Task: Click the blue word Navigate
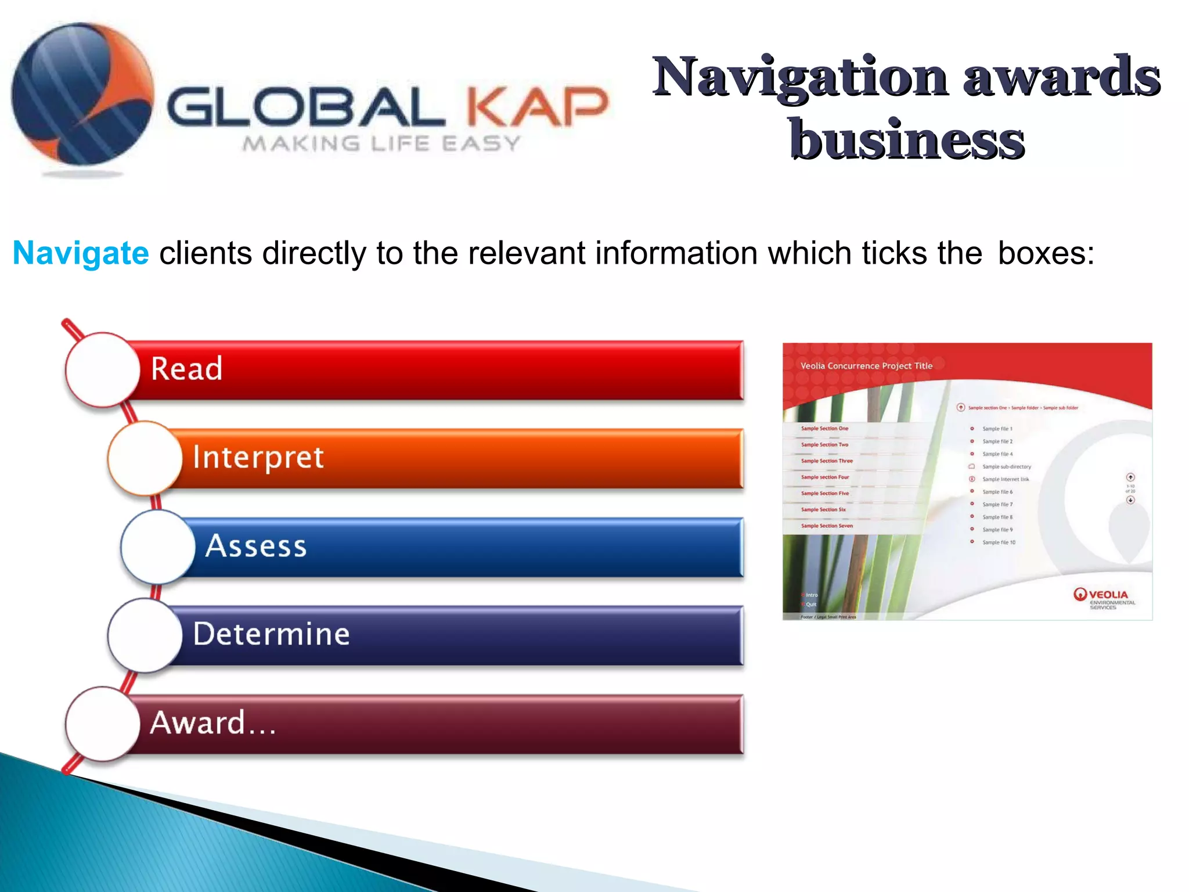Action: coord(81,253)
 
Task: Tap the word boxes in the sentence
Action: coord(1046,253)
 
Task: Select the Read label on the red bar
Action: coord(186,369)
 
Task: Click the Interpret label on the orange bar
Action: coord(258,458)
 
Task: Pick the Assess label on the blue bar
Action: coord(256,546)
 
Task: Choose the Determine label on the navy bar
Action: coord(271,634)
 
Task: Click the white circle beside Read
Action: coord(103,369)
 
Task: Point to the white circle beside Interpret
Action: coord(145,458)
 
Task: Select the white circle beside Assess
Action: coord(158,547)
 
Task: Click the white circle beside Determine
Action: coord(145,635)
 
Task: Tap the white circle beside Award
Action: coord(103,724)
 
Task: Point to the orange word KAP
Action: coord(538,107)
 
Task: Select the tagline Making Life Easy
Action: coord(381,143)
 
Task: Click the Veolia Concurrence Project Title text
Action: coord(866,366)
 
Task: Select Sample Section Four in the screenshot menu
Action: coord(824,477)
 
